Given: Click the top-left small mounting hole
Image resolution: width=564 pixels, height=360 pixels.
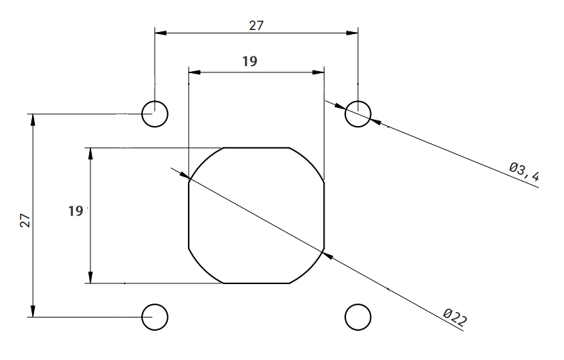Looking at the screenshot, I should pyautogui.click(x=155, y=114).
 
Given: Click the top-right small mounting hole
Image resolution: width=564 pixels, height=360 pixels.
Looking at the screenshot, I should pyautogui.click(x=358, y=114).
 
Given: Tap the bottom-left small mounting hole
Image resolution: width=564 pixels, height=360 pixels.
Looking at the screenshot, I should pyautogui.click(x=155, y=317).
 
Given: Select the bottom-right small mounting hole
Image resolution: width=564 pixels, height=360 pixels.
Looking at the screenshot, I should pyautogui.click(x=358, y=317).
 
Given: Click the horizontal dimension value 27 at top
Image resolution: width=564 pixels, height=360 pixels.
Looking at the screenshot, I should pyautogui.click(x=256, y=25).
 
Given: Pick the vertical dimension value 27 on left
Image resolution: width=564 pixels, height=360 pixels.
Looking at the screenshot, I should pyautogui.click(x=24, y=221).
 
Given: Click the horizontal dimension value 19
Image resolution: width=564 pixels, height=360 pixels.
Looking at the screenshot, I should pyautogui.click(x=249, y=61).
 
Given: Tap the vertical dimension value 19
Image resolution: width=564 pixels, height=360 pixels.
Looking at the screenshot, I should pyautogui.click(x=76, y=210).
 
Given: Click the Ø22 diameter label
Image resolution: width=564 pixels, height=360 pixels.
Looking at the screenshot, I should pyautogui.click(x=455, y=318).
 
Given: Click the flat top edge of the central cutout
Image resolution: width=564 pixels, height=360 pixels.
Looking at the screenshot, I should pyautogui.click(x=256, y=148).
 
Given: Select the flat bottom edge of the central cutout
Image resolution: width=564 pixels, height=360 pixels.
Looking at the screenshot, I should pyautogui.click(x=256, y=283).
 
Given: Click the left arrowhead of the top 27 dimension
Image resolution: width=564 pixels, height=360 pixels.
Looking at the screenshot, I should pyautogui.click(x=159, y=32).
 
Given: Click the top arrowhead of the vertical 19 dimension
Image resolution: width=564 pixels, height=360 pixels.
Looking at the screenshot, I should pyautogui.click(x=90, y=152).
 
